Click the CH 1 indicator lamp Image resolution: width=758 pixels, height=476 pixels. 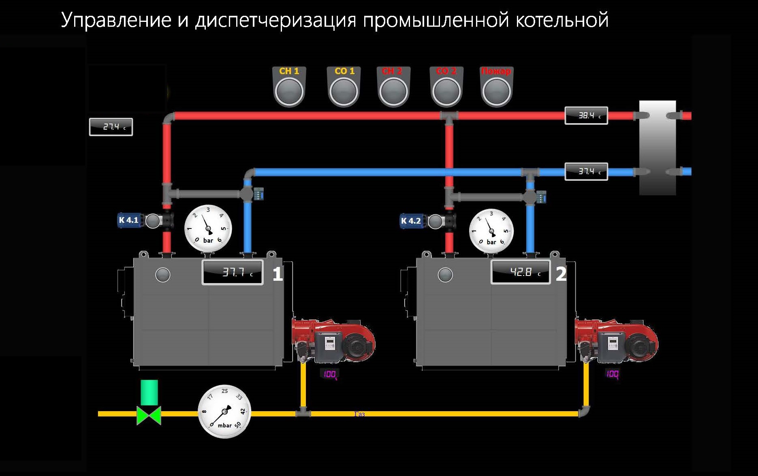pyautogui.click(x=289, y=91)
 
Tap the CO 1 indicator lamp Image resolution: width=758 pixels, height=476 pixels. pyautogui.click(x=344, y=91)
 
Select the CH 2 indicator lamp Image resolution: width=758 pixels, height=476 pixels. pyautogui.click(x=393, y=91)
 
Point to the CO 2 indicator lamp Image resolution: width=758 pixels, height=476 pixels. pyautogui.click(x=446, y=91)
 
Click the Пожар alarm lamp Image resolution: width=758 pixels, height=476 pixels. pyautogui.click(x=496, y=91)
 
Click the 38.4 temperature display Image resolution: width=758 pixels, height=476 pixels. pyautogui.click(x=586, y=116)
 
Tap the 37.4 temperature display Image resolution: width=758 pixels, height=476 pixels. pyautogui.click(x=586, y=172)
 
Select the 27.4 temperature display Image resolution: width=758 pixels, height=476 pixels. pyautogui.click(x=111, y=127)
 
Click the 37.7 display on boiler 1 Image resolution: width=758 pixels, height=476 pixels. pyautogui.click(x=233, y=272)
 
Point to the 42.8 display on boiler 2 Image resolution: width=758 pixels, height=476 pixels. pyautogui.click(x=521, y=272)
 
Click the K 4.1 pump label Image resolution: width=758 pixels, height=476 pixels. pyautogui.click(x=128, y=220)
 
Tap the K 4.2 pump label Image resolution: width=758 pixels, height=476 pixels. pyautogui.click(x=411, y=221)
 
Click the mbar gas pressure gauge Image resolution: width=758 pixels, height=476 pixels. pyautogui.click(x=224, y=412)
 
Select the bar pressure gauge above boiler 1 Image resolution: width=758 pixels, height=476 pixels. pyautogui.click(x=208, y=228)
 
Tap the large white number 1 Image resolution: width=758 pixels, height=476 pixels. pyautogui.click(x=278, y=274)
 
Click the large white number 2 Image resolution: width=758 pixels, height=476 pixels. pyautogui.click(x=561, y=274)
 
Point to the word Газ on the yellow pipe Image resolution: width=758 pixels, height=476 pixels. pyautogui.click(x=359, y=414)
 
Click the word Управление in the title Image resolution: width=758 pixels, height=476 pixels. pyautogui.click(x=116, y=20)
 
